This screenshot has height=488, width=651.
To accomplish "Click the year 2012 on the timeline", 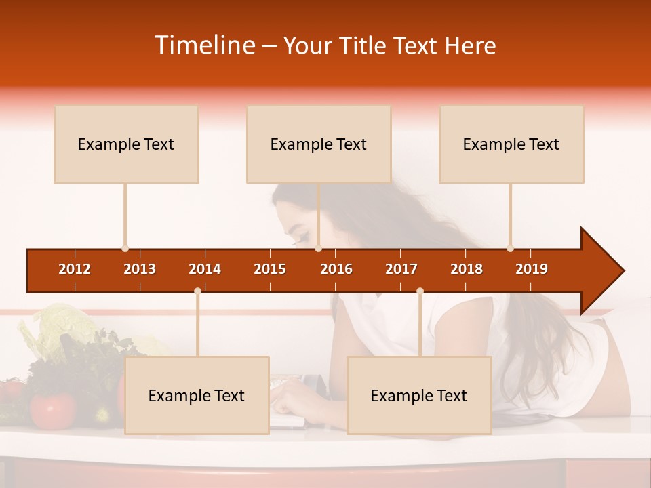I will click(75, 269).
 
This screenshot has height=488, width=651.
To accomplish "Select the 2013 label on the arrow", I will click(140, 269).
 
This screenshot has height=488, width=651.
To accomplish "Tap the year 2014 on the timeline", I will click(205, 269).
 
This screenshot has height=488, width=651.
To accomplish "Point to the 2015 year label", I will click(270, 269).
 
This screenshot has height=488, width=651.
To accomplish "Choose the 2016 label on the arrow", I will click(336, 269).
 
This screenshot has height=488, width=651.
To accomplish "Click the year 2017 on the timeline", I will click(401, 269).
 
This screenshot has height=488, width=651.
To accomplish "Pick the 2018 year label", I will click(467, 269).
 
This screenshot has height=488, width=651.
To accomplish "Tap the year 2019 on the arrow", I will click(532, 269).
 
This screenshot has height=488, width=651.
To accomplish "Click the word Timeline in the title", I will click(204, 45).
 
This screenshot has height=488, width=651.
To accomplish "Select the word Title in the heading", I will click(367, 45).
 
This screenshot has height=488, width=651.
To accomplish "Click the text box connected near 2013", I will click(126, 144).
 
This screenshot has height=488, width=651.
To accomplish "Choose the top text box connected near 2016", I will click(319, 144).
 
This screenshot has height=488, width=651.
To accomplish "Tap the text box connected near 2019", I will click(511, 144).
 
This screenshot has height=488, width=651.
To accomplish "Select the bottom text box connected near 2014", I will click(197, 396).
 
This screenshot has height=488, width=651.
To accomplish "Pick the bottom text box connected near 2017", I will click(419, 396).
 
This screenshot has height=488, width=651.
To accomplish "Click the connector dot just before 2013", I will click(125, 249).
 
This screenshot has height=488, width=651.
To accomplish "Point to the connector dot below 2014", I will click(197, 291).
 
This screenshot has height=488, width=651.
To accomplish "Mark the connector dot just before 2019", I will click(510, 249).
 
